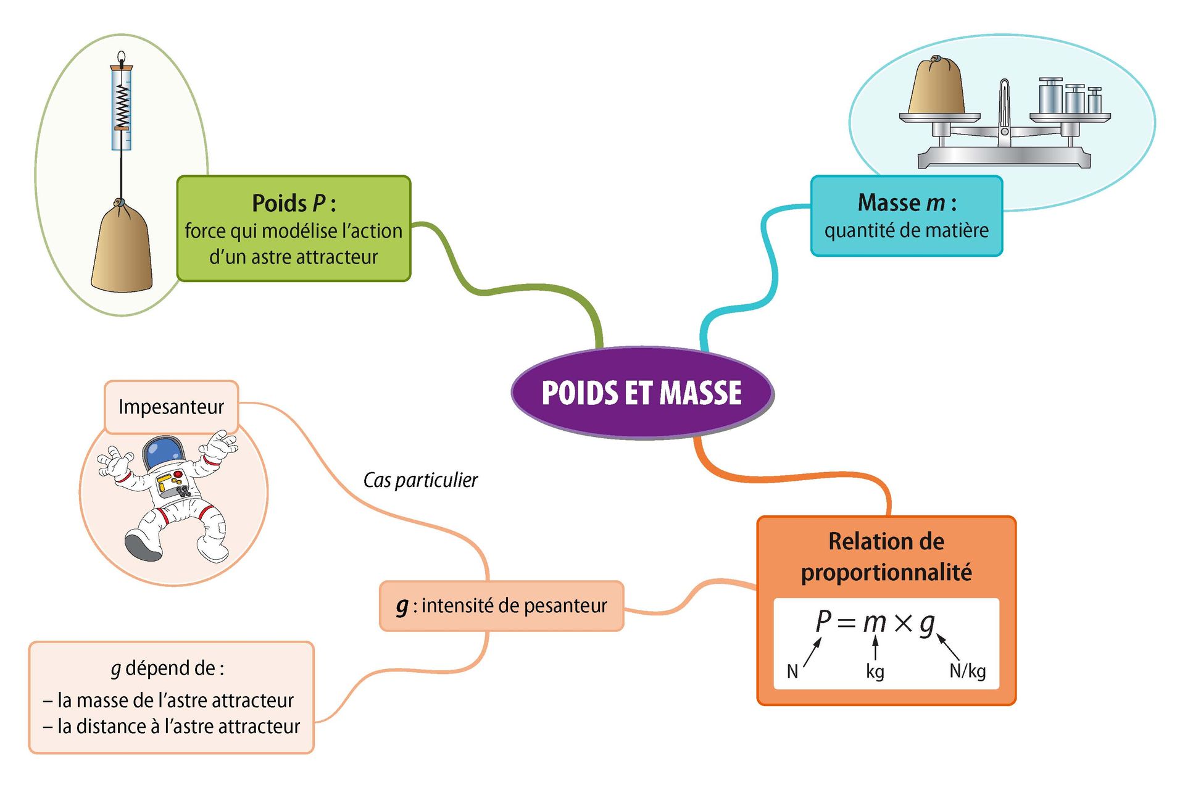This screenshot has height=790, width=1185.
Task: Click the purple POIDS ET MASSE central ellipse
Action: point(642,393)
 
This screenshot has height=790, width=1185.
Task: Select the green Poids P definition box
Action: point(294,229)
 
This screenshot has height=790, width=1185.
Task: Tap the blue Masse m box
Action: point(906,216)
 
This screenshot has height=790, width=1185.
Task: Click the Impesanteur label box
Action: point(172,407)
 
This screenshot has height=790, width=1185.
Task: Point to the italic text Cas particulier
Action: point(420,480)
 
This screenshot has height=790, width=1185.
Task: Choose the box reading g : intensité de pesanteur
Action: point(501,606)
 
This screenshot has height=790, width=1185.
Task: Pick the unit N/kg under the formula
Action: point(967,671)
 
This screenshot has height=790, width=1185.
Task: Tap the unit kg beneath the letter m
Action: point(875,671)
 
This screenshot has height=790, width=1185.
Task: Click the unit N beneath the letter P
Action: point(792,671)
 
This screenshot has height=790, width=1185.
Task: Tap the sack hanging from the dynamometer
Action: point(122,250)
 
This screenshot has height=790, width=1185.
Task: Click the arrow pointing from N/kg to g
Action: point(949,647)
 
